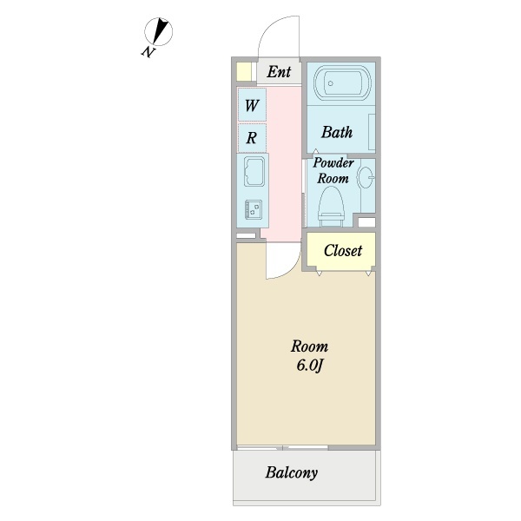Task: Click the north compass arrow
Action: [x=160, y=31]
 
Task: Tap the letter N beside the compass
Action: [x=148, y=52]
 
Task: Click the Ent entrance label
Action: [x=279, y=72]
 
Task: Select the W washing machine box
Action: [x=252, y=106]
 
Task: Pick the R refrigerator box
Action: [x=252, y=136]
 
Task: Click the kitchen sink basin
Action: [x=255, y=174]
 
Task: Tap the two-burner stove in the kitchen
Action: [x=254, y=208]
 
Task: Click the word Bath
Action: [x=337, y=133]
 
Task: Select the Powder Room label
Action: [x=332, y=170]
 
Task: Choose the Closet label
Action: [x=343, y=251]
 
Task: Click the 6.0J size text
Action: [x=309, y=365]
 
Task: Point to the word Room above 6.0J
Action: [x=309, y=346]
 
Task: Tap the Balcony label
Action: [x=292, y=474]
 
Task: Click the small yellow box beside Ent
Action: [x=245, y=72]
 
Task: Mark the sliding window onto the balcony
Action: [x=282, y=447]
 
